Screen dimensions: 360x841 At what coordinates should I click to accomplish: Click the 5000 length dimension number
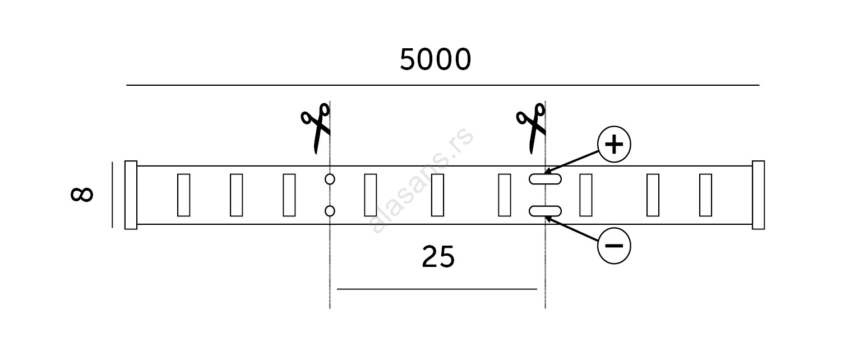(x=435, y=60)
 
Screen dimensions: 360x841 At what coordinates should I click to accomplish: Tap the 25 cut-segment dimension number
(x=438, y=257)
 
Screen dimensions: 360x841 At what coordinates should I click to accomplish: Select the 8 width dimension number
(x=82, y=194)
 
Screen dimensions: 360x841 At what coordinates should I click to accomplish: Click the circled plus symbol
(x=614, y=145)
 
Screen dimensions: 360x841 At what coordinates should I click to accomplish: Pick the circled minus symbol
(x=614, y=246)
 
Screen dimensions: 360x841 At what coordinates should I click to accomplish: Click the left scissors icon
(x=316, y=127)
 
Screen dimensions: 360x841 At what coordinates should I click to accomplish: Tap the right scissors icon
(x=531, y=127)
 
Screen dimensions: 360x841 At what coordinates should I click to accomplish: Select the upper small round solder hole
(x=330, y=179)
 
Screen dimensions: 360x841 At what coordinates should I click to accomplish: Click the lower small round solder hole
(x=330, y=211)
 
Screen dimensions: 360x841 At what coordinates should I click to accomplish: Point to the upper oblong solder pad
(x=545, y=179)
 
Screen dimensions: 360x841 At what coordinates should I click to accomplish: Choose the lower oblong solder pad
(x=545, y=211)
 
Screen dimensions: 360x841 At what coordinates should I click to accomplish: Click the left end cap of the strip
(x=131, y=195)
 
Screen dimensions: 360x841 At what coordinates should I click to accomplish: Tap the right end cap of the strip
(x=758, y=195)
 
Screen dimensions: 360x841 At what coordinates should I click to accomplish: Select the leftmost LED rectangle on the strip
(x=183, y=195)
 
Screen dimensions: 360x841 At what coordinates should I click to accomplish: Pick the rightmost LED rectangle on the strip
(x=705, y=195)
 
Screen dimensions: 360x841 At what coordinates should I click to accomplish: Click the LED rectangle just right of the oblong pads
(x=585, y=195)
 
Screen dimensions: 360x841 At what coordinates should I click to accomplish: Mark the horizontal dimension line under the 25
(x=437, y=289)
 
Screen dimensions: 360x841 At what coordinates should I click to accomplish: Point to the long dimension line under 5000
(x=443, y=85)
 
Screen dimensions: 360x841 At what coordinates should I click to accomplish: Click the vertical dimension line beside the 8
(x=112, y=195)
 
